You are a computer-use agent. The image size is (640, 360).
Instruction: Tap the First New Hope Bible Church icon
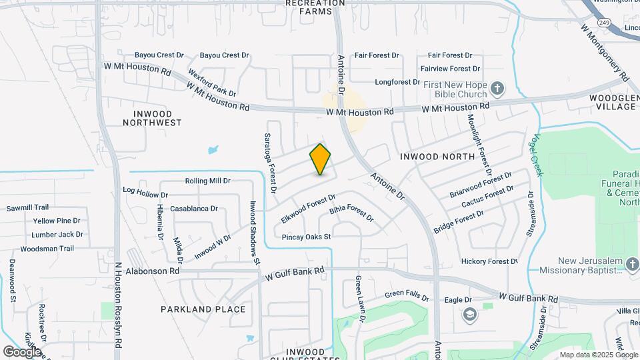click(497, 88)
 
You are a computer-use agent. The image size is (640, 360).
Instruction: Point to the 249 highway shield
click(604, 23)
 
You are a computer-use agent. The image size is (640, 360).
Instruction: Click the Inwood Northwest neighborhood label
click(153, 118)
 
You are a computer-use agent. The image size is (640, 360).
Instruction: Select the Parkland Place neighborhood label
click(203, 309)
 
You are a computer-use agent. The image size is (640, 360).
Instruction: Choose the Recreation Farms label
click(315, 7)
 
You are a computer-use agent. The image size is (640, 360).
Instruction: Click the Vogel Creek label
click(539, 155)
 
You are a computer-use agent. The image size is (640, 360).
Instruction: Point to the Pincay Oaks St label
click(307, 237)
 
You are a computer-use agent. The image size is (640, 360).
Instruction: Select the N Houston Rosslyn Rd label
click(118, 303)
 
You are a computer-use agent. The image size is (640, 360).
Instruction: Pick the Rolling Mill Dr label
click(207, 181)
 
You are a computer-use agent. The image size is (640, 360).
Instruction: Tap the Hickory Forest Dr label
click(489, 261)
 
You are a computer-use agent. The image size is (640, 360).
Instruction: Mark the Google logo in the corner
click(22, 351)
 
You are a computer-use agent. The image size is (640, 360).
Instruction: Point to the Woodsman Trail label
click(47, 249)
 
